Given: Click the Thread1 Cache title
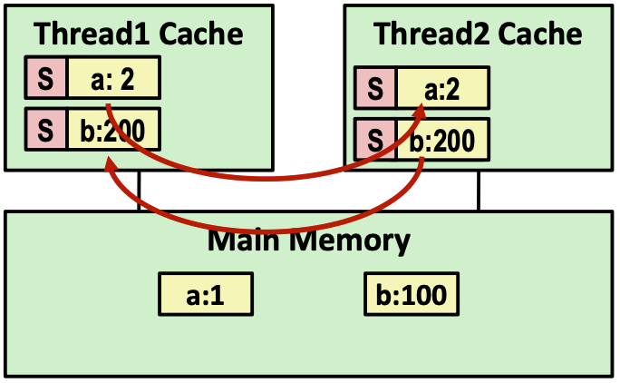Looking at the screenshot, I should tap(139, 34).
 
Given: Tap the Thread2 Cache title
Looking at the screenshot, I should tap(478, 34).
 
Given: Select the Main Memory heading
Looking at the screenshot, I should tap(309, 241).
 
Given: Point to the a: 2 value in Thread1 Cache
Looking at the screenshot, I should tap(113, 79).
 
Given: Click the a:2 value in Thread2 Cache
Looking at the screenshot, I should tap(443, 89).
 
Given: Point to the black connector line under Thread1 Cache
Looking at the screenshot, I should tap(139, 191).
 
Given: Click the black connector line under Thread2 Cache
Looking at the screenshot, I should tap(478, 191).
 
